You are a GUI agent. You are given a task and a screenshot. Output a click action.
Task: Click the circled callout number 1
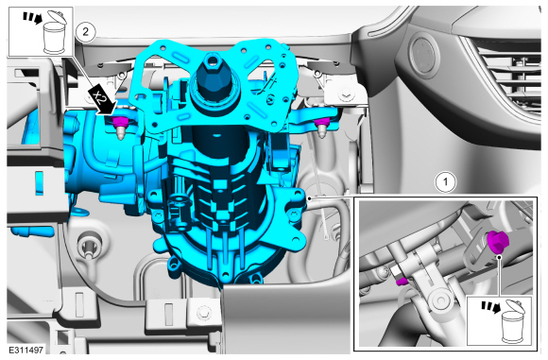(446, 182)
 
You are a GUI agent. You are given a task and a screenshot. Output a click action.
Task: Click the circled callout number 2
(86, 32)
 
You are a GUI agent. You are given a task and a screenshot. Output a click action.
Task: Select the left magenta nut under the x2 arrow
(119, 122)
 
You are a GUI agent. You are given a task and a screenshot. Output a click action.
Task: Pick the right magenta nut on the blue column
(322, 122)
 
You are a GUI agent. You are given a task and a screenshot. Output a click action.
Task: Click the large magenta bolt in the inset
(497, 242)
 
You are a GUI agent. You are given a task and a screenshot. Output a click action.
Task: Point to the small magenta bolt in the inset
(402, 281)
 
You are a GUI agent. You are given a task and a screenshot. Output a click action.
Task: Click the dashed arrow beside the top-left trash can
(32, 18)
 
